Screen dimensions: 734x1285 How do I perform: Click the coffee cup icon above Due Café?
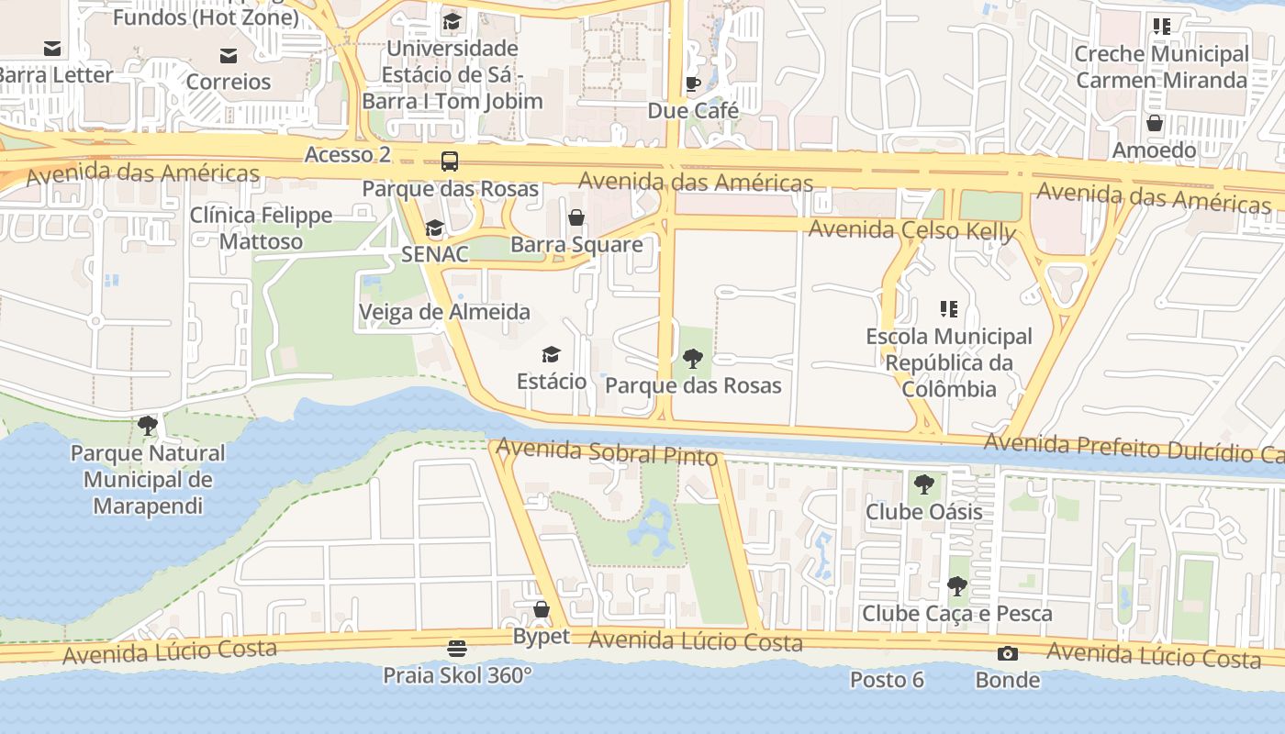(693, 84)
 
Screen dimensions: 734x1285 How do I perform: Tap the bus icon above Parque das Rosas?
(450, 161)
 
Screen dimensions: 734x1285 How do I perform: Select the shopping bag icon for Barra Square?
(576, 217)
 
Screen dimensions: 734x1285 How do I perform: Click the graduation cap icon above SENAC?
(434, 228)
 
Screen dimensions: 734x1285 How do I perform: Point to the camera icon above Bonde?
(1008, 653)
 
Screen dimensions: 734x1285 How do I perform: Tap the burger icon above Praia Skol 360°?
(457, 649)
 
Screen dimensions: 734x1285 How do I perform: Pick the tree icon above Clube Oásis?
(924, 484)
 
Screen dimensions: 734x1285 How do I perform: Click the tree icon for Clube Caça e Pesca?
(957, 585)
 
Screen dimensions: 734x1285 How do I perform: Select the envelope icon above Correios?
(229, 56)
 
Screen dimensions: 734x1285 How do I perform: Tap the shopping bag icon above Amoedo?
(1155, 122)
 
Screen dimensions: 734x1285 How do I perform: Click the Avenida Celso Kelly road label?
(911, 229)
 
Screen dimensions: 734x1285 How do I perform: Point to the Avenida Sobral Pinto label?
(607, 451)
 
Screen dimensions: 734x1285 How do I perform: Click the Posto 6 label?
(887, 680)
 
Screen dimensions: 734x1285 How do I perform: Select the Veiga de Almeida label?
(444, 312)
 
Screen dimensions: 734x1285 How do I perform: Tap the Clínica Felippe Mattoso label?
(261, 228)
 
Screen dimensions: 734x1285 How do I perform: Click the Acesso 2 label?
(348, 154)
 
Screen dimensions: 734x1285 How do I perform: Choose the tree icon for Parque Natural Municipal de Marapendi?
(147, 426)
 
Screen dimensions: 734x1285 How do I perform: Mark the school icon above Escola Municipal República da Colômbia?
(949, 309)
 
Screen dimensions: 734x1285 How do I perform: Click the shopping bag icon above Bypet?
(542, 609)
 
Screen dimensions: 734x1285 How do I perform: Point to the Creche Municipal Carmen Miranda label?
(1161, 67)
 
